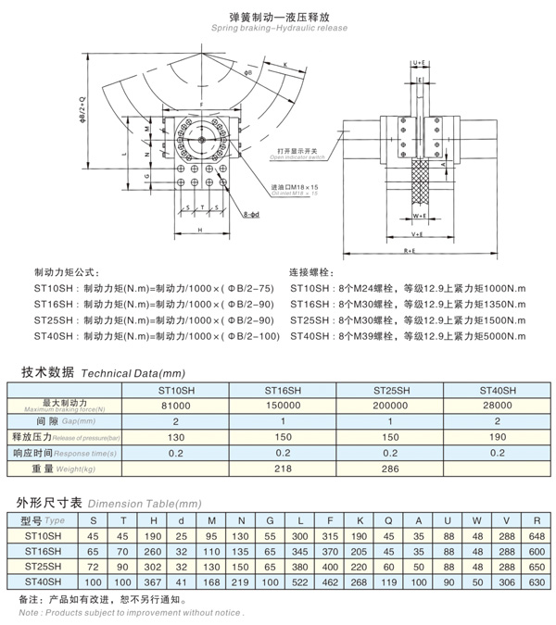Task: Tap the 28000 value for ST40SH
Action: (497, 405)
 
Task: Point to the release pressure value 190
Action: (497, 436)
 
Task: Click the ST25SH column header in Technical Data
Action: (390, 390)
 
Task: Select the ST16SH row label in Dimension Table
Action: (43, 551)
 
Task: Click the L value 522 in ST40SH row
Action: (300, 581)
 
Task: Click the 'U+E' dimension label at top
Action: (418, 63)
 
